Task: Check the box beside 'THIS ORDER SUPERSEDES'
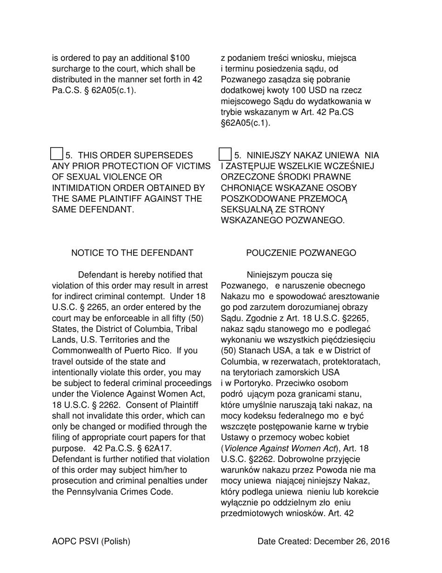click(56, 154)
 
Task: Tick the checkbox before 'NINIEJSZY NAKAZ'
click(225, 154)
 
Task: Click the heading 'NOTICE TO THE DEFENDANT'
click(132, 253)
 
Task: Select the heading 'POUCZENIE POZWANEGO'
click(301, 253)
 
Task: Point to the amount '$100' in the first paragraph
click(180, 58)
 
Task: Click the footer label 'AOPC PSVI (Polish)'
click(91, 541)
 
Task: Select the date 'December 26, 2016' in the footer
click(352, 541)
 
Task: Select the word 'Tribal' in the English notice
click(185, 329)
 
